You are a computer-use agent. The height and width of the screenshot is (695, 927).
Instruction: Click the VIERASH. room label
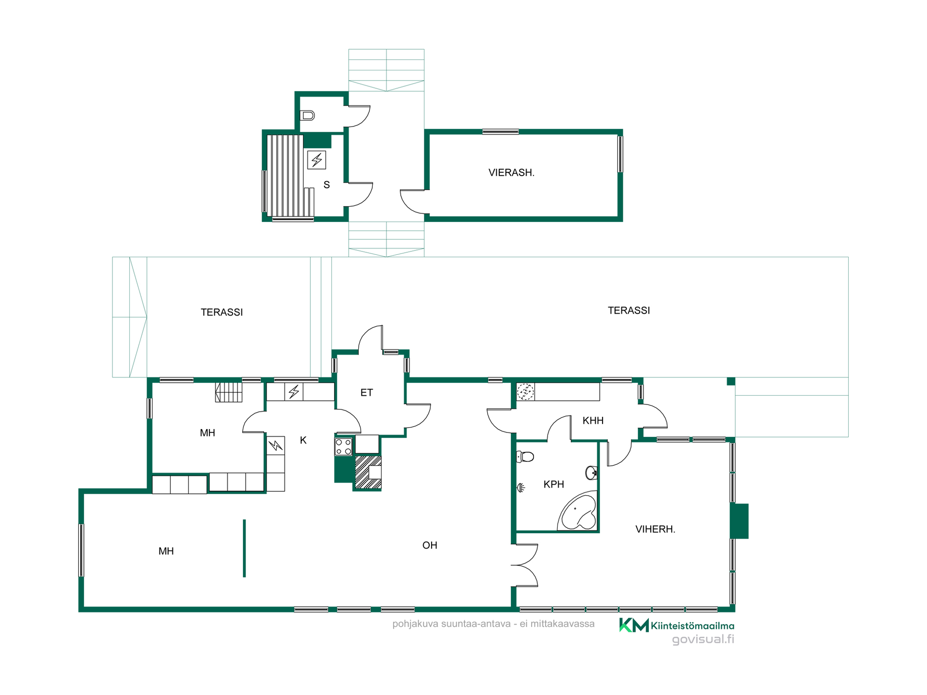(x=511, y=173)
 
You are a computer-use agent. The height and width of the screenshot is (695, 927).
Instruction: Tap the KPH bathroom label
(x=554, y=485)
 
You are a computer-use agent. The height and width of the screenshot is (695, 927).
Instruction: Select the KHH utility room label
(x=593, y=421)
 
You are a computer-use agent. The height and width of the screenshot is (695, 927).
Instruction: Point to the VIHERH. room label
(x=655, y=529)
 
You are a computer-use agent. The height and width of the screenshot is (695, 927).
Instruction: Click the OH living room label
(x=430, y=545)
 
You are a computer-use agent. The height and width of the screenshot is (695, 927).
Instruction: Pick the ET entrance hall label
(x=366, y=393)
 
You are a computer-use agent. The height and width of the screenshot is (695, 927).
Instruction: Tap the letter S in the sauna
(x=327, y=185)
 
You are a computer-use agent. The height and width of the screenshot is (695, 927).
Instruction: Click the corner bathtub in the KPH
(x=578, y=512)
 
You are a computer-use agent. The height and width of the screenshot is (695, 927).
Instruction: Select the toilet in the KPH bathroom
(x=525, y=457)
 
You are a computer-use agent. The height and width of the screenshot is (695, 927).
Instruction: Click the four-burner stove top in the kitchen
(x=343, y=447)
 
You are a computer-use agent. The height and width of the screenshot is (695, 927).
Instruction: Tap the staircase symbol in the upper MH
(x=228, y=392)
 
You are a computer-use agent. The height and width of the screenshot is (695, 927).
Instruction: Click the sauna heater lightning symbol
(x=317, y=160)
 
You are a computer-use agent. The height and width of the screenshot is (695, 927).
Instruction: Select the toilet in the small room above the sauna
(x=307, y=115)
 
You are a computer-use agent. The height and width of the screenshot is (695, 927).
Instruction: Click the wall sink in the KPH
(x=592, y=473)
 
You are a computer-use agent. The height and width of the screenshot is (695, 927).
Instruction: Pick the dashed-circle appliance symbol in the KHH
(x=525, y=392)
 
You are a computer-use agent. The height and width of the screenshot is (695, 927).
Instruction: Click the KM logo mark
(x=634, y=625)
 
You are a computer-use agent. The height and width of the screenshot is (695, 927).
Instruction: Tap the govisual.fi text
(x=703, y=639)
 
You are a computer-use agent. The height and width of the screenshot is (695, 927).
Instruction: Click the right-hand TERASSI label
(x=629, y=311)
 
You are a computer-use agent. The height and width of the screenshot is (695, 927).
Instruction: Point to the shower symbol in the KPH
(x=521, y=488)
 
